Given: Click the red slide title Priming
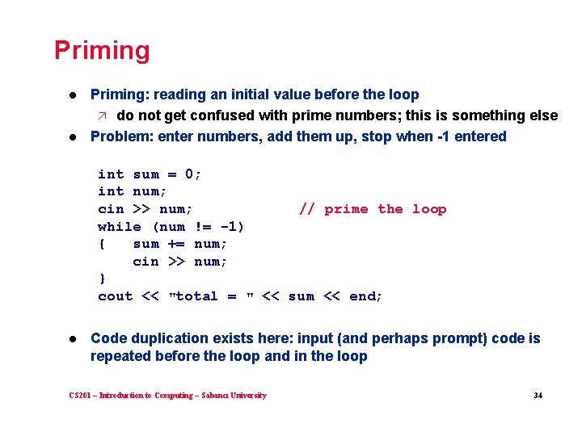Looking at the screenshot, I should (x=102, y=51).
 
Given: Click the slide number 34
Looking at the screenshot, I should (x=538, y=396).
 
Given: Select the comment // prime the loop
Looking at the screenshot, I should (x=372, y=209).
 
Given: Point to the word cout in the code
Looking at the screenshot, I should (x=115, y=296).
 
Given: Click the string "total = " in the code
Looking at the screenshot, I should (x=211, y=296).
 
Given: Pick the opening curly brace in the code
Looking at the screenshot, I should (x=102, y=244).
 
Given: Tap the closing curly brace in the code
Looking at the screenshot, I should (x=102, y=279).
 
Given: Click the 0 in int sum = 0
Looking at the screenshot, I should (x=189, y=174).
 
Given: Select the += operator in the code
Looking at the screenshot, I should (x=176, y=244).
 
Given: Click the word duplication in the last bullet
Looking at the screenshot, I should (x=167, y=338).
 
